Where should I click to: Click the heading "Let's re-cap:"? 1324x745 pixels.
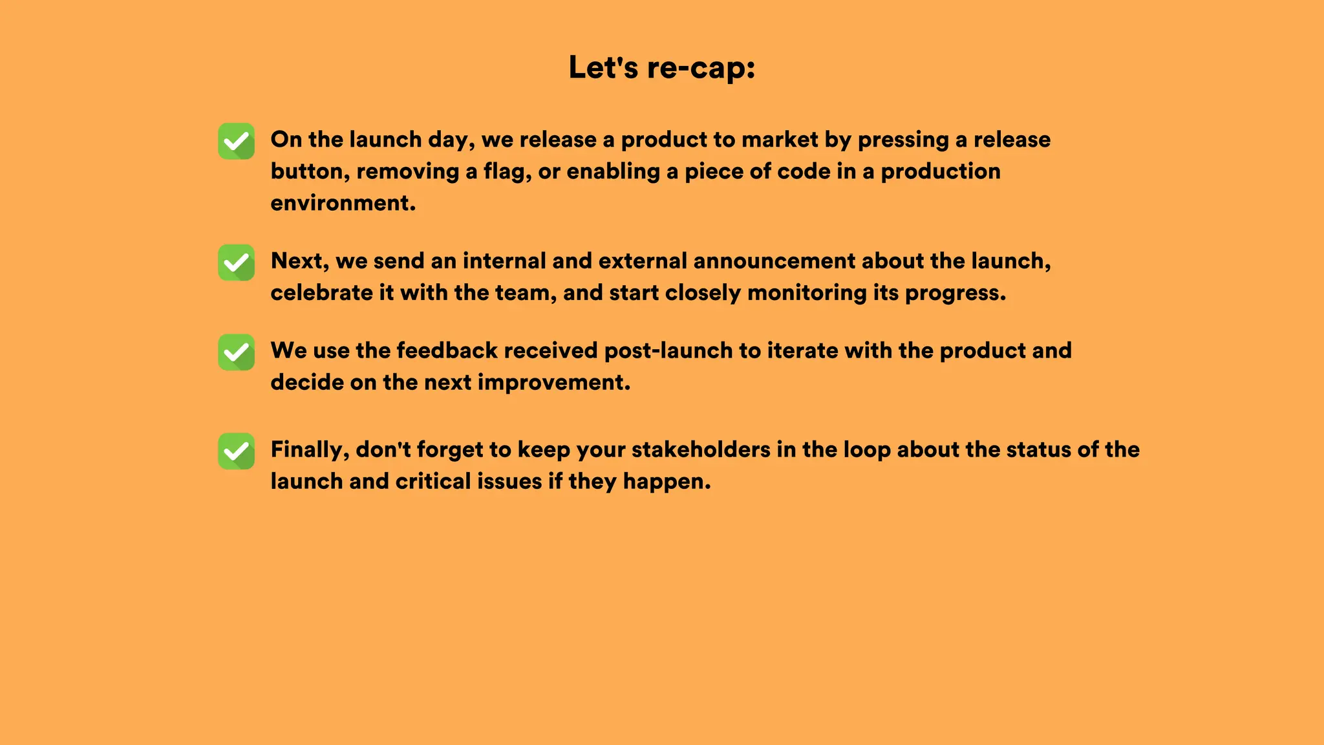click(x=661, y=68)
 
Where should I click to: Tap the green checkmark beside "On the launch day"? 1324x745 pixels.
click(x=236, y=141)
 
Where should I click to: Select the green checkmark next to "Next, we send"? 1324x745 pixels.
click(x=236, y=263)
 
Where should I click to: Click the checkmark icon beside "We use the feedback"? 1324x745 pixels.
click(x=236, y=352)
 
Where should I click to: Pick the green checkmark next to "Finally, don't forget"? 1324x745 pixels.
click(x=236, y=451)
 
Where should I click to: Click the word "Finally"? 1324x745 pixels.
click(x=309, y=449)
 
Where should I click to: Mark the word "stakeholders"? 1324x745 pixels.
click(x=701, y=449)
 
